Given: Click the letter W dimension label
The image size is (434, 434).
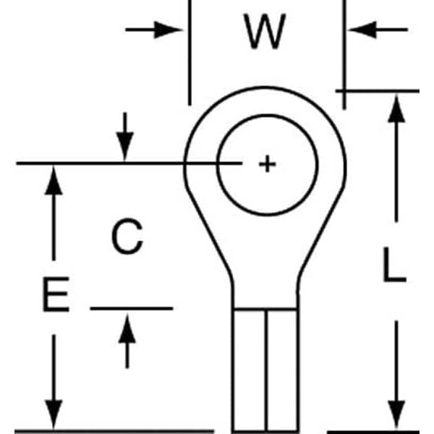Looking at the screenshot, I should (x=265, y=32).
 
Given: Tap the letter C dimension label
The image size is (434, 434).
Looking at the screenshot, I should (x=127, y=237).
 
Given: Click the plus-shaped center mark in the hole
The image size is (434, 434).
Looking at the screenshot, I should (x=268, y=164).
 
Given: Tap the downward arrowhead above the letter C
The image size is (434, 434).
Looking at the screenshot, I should (x=126, y=149).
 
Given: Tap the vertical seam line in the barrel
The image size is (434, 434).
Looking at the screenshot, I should (x=265, y=369).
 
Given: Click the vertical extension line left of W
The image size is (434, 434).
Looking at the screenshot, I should (x=189, y=58).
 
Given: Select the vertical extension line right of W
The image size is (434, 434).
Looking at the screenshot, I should (x=344, y=58).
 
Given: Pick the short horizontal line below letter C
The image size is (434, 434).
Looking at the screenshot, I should (x=130, y=308).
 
